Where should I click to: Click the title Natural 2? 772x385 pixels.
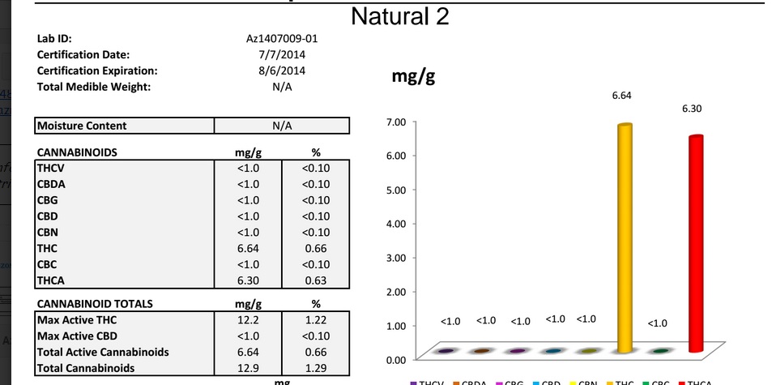click(400, 17)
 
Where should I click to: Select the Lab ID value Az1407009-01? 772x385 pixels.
click(277, 39)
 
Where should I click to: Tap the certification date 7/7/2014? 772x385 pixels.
click(277, 54)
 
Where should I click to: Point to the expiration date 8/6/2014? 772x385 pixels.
click(277, 71)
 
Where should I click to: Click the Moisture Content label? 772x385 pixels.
click(82, 126)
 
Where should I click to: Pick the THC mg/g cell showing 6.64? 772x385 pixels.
click(248, 248)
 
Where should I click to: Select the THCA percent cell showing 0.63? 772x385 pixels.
click(315, 280)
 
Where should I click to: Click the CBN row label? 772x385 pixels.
click(48, 233)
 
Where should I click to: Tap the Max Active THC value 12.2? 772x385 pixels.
click(248, 320)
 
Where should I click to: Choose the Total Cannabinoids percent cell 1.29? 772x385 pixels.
click(315, 369)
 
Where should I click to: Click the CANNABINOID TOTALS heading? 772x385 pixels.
click(95, 304)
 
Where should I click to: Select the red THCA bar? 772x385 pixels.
click(695, 244)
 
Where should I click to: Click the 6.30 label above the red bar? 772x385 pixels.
click(692, 109)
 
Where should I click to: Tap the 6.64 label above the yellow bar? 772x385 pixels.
click(621, 96)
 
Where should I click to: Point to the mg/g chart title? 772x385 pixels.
click(413, 76)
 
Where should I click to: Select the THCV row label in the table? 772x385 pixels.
click(50, 168)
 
